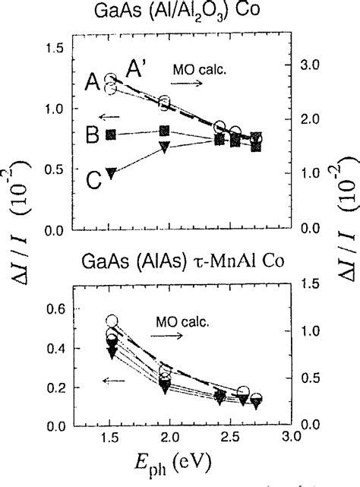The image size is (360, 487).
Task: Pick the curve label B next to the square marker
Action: (91, 137)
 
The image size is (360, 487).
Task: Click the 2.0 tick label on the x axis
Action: (169, 438)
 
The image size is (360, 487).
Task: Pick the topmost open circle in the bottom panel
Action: (112, 321)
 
